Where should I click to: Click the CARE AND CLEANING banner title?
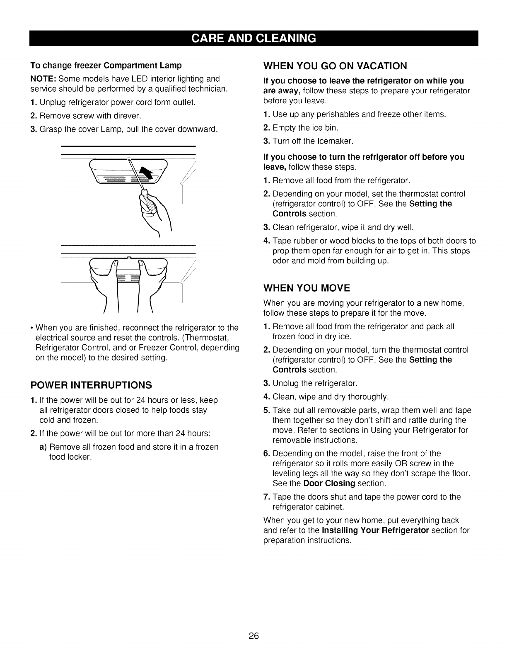[254, 38]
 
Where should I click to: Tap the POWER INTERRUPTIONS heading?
[91, 385]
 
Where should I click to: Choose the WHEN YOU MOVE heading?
[307, 288]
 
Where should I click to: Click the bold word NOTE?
[43, 79]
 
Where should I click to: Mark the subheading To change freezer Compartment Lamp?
[106, 66]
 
